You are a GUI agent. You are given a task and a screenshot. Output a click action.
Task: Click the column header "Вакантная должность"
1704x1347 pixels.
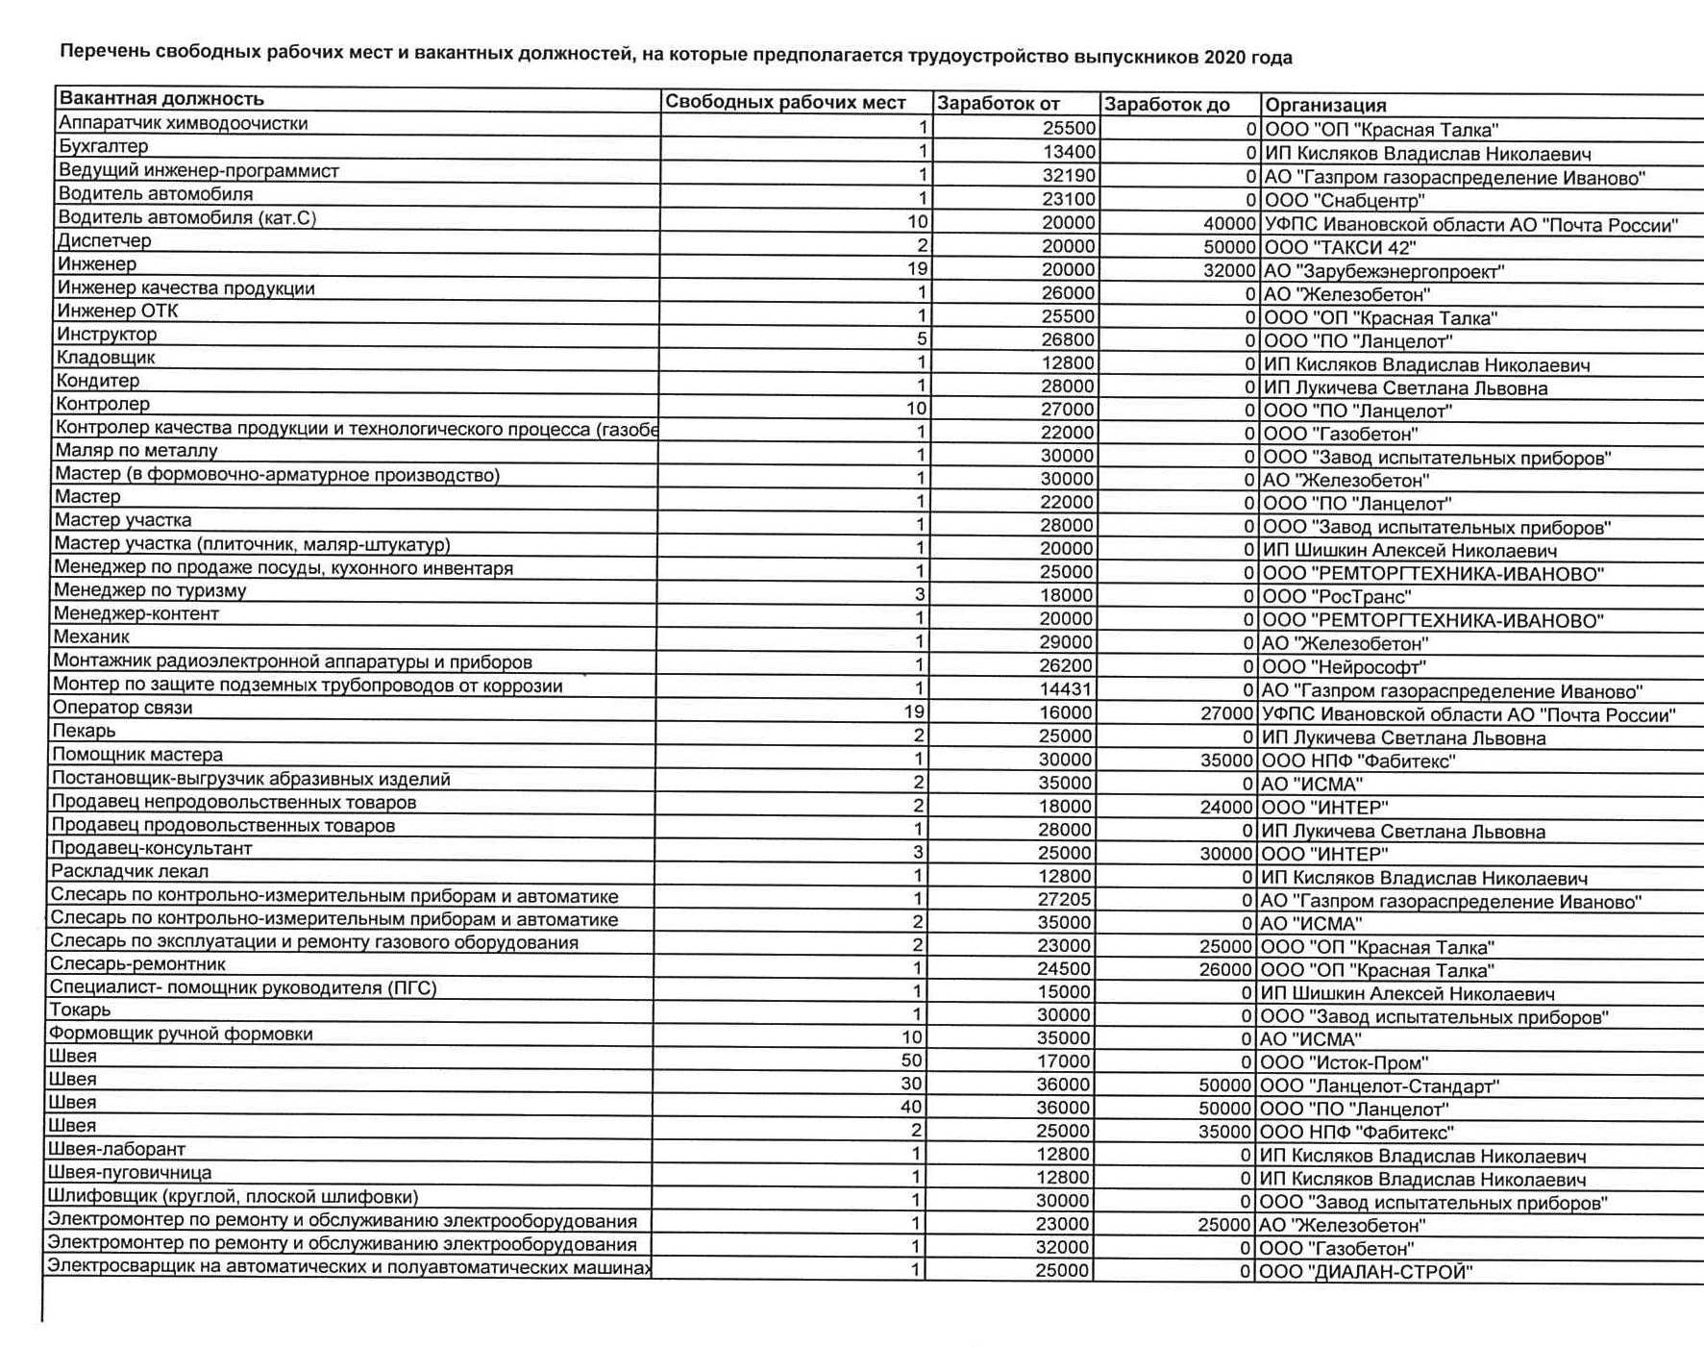(161, 99)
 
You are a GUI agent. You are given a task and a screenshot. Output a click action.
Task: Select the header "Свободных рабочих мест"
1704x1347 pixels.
(785, 103)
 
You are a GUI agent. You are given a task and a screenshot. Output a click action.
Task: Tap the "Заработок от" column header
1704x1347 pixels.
(999, 104)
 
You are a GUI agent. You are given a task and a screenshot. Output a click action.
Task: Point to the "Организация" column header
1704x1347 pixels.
(1325, 106)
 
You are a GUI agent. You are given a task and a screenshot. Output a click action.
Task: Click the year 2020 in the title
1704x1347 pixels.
(1222, 57)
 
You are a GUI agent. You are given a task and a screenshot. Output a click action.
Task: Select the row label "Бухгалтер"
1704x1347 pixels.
(104, 147)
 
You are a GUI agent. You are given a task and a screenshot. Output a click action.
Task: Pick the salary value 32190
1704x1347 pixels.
(1068, 176)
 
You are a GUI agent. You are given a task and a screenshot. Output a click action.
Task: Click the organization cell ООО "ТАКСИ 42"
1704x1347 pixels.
(1340, 248)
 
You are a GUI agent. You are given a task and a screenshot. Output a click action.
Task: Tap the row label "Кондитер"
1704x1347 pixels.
(98, 381)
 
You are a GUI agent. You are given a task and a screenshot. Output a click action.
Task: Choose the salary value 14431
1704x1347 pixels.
(1066, 689)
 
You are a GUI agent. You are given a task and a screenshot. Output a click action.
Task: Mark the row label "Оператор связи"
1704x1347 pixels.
(122, 708)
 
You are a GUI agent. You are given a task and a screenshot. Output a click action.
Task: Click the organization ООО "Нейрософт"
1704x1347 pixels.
(1344, 667)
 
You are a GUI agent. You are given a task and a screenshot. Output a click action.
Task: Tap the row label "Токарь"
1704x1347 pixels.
(80, 1010)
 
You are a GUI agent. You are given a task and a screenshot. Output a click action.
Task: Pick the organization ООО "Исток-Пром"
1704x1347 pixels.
(1344, 1062)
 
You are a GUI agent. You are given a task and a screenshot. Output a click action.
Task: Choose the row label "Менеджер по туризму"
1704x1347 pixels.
(150, 590)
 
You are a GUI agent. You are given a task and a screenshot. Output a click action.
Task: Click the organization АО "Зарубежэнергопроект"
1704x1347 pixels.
(1384, 272)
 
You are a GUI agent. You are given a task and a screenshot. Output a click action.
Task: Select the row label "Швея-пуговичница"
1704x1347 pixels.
(129, 1173)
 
